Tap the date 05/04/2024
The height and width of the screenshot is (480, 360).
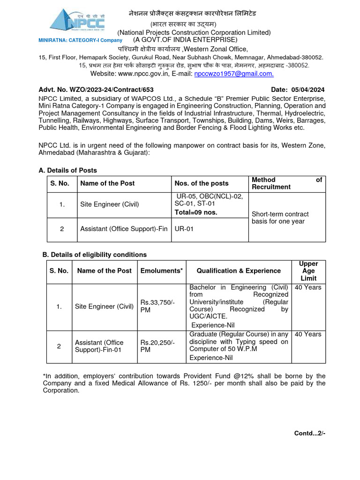(307, 90)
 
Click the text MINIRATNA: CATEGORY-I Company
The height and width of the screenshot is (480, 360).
(80, 40)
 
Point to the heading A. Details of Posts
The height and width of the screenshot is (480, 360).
(67, 170)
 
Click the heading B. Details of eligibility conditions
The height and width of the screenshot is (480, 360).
(95, 255)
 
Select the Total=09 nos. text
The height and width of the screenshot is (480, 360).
(197, 212)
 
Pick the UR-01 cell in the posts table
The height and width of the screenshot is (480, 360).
(183, 229)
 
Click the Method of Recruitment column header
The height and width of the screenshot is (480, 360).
(286, 183)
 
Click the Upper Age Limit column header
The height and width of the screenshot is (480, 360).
(308, 271)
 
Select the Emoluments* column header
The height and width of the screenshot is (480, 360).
(161, 271)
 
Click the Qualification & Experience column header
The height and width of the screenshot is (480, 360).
(239, 271)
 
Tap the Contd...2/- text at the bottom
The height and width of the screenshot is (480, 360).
(309, 433)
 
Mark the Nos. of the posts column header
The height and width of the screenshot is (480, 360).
(202, 183)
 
